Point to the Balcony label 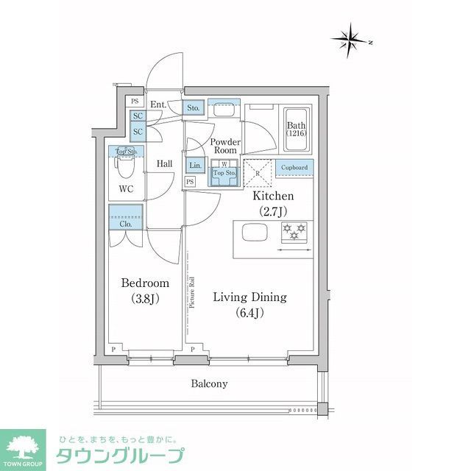coord(210,383)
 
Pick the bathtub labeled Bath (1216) coord(297,131)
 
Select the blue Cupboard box coord(294,168)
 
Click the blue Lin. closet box coord(194,166)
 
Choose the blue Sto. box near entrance coord(194,108)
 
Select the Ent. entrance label coord(157,105)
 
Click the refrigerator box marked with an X coord(259,174)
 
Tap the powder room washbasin coord(223,110)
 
